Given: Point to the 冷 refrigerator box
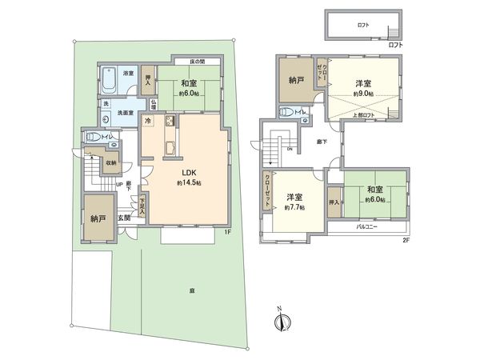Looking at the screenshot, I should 148,121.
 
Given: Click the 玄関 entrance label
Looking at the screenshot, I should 125,218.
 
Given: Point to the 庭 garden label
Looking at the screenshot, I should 192,291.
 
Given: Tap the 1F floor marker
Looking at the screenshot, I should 227,232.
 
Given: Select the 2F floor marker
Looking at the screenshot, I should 405,239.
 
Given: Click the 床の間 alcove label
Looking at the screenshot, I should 200,62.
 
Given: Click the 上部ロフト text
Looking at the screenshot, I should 364,114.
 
